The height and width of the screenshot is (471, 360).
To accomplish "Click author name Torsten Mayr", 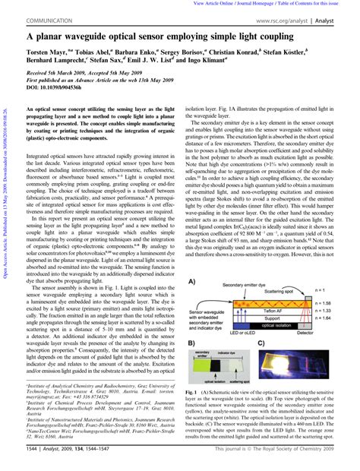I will coord(47,51).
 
